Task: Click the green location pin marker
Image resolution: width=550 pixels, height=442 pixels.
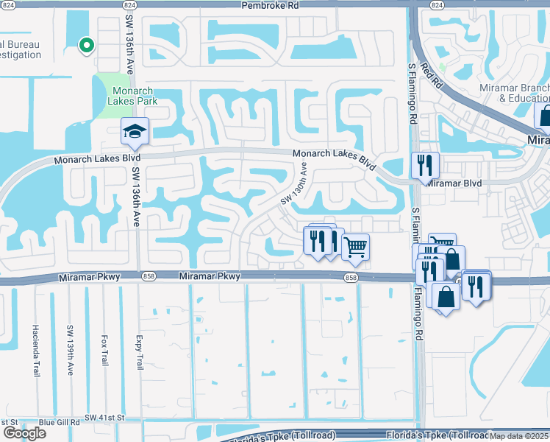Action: pos(86,46)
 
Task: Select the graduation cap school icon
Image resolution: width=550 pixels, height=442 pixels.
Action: pos(135,132)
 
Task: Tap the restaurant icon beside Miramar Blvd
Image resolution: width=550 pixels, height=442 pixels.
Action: pos(425,165)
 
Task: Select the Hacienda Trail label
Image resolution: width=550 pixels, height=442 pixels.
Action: pos(35,351)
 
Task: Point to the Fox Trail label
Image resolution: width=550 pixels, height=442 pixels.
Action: pos(104,351)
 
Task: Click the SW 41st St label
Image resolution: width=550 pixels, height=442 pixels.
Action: pos(107,418)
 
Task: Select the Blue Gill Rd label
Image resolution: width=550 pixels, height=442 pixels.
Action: pos(59,422)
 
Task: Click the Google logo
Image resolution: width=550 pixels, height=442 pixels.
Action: pos(24,432)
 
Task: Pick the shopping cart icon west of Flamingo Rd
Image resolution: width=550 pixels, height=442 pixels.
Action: pos(355,248)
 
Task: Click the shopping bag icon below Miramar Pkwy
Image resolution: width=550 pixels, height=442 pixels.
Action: pos(446,296)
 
